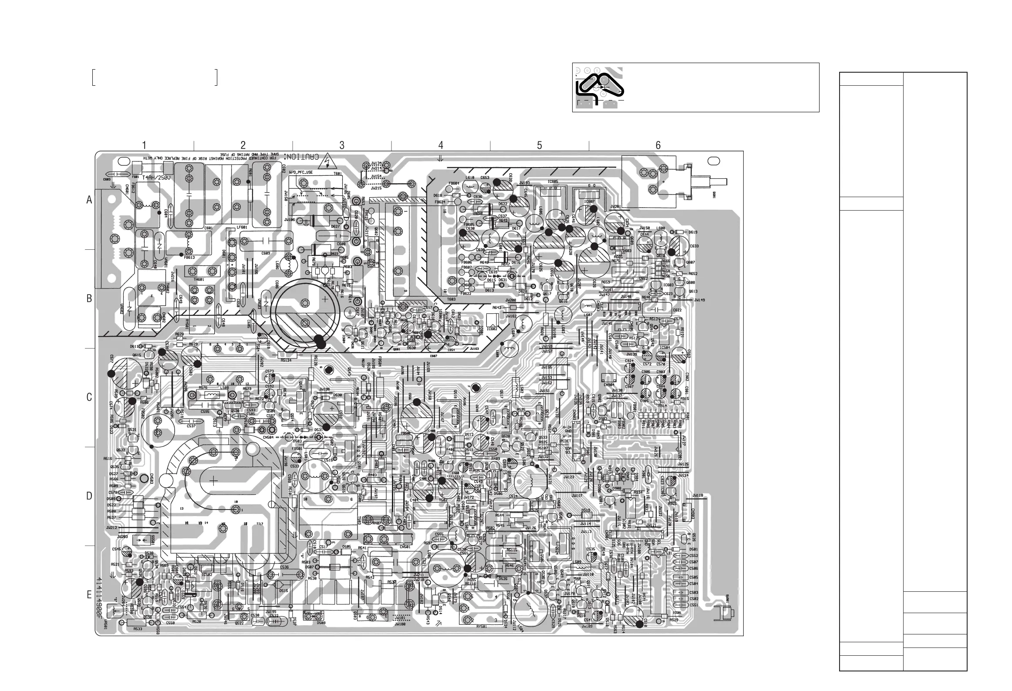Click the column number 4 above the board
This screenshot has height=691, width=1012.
pyautogui.click(x=441, y=145)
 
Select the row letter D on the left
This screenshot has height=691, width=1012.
pyautogui.click(x=89, y=496)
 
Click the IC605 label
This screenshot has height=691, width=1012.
pyautogui.click(x=553, y=181)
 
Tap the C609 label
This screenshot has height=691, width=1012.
pyautogui.click(x=266, y=253)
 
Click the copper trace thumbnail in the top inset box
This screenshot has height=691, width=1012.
pyautogui.click(x=601, y=87)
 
